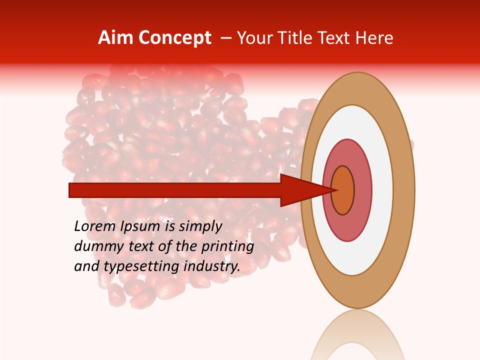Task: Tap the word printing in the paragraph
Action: [x=227, y=246]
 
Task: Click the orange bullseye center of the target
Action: [x=343, y=190]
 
